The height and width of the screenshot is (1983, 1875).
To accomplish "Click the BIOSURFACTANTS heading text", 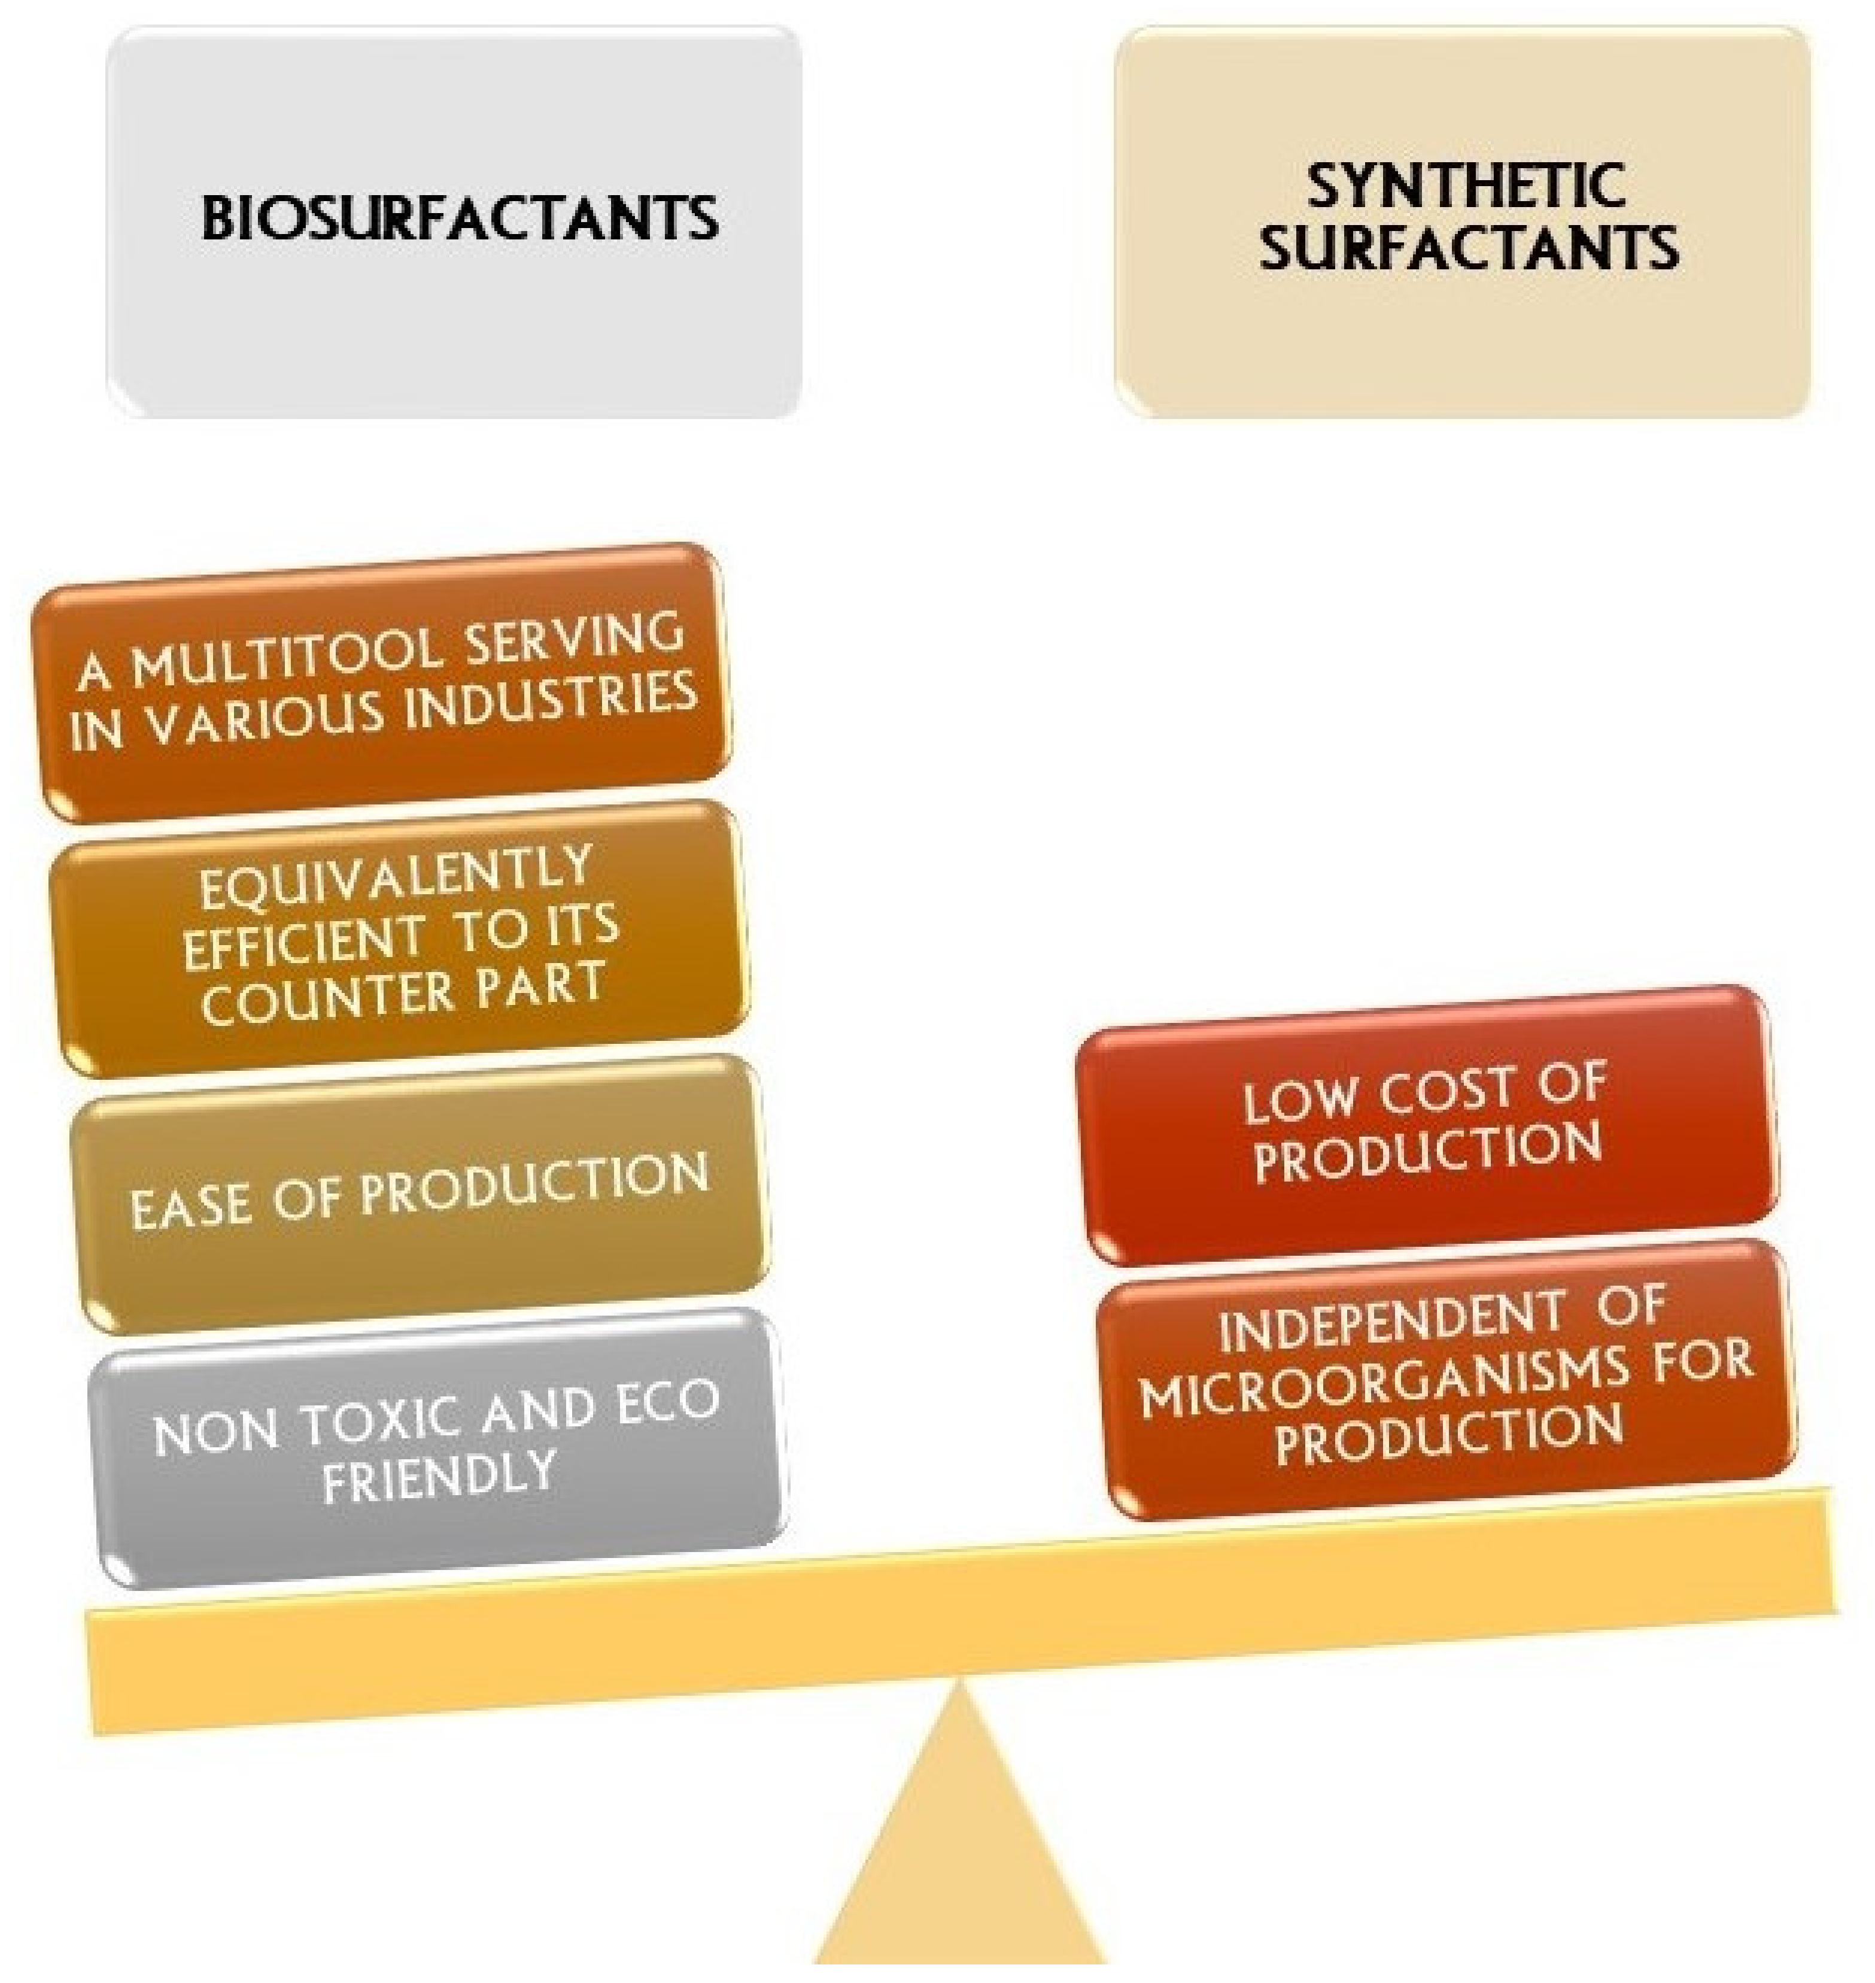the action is click(x=459, y=218).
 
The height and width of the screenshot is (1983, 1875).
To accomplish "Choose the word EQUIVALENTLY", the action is click(x=396, y=876).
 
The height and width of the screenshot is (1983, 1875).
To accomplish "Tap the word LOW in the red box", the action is click(x=1299, y=1100).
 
